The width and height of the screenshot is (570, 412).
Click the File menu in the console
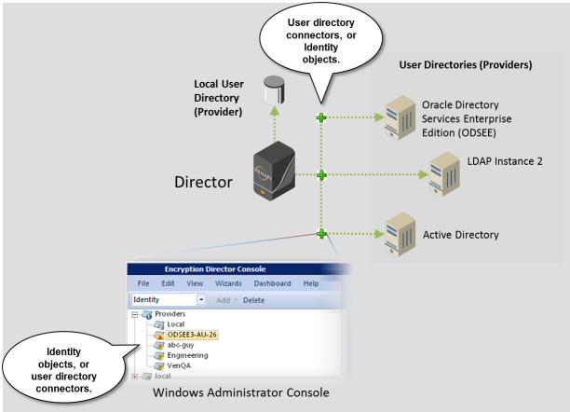[x=143, y=283]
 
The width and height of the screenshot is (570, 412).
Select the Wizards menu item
[x=228, y=283]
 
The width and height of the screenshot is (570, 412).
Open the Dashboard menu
[x=272, y=283]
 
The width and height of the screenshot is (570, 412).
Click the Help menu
[x=311, y=283]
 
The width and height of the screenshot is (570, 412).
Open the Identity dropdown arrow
[x=201, y=300]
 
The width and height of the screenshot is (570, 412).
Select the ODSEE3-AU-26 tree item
[x=193, y=335]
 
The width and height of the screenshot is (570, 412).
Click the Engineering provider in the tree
[x=187, y=355]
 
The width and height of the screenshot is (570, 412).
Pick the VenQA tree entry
[x=180, y=365]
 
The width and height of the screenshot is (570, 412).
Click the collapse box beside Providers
[x=135, y=315]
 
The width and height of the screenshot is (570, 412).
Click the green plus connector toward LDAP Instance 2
[x=321, y=175]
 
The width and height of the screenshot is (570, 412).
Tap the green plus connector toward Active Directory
[x=321, y=233]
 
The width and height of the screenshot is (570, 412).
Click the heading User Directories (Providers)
[x=465, y=66]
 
